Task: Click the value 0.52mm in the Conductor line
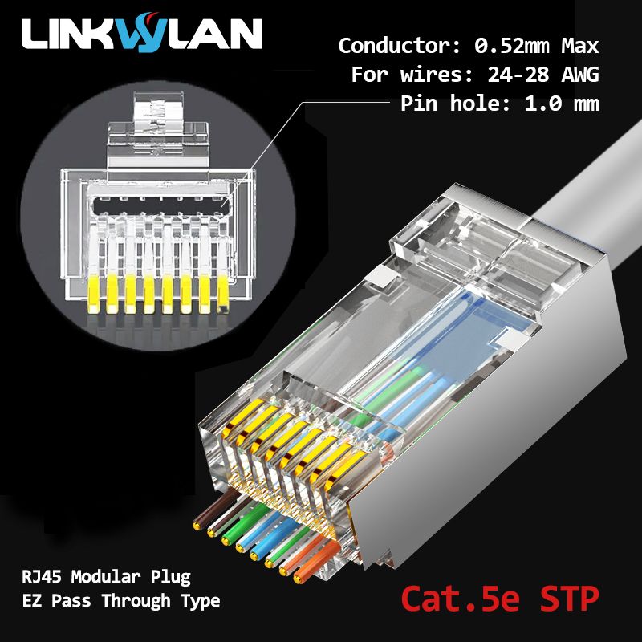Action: coord(511,46)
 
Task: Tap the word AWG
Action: coord(579,75)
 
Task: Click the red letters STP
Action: coord(570,599)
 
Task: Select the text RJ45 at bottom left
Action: coord(42,576)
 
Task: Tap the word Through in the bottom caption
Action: coord(136,600)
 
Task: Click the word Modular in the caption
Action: coord(106,576)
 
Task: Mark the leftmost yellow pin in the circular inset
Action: coord(93,295)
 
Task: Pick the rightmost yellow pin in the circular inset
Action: coord(223,295)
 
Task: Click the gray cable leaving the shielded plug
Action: coord(594,185)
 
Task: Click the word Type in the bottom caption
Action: coord(201,601)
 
